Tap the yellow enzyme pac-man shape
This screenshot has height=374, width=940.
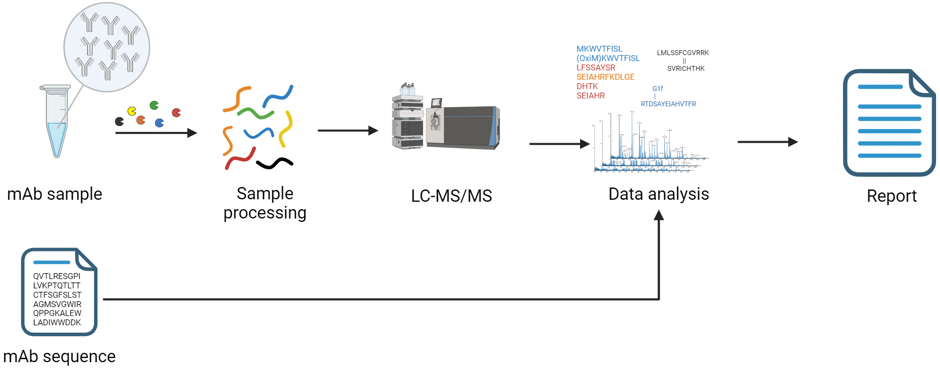point(132,111)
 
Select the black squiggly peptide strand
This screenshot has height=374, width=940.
point(274,163)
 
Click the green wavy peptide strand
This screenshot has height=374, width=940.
point(255,113)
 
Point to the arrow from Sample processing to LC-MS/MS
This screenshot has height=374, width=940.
point(347,130)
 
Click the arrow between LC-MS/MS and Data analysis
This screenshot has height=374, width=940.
point(559,144)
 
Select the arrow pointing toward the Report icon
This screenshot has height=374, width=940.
point(767,142)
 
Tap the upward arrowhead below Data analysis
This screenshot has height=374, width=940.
point(659,216)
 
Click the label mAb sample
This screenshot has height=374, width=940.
point(55,194)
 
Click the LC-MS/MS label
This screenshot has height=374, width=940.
point(451,196)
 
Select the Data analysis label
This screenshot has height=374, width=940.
point(658,194)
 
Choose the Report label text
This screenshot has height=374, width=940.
point(891,196)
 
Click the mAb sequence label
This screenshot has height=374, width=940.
point(59,356)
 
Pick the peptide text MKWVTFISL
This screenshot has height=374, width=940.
point(599,49)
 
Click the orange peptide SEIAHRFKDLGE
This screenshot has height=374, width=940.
point(605,77)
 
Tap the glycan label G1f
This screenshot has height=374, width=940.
point(657,89)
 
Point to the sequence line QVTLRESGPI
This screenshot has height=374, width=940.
point(57,276)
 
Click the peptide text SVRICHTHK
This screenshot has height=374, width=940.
point(685,68)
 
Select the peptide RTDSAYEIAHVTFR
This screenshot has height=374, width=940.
point(668,104)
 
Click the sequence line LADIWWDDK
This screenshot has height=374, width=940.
point(57,322)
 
